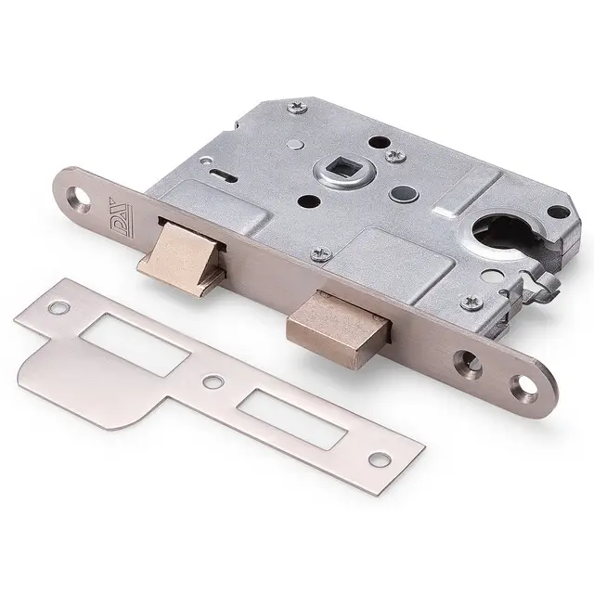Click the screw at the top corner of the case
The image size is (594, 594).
coord(297,108)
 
